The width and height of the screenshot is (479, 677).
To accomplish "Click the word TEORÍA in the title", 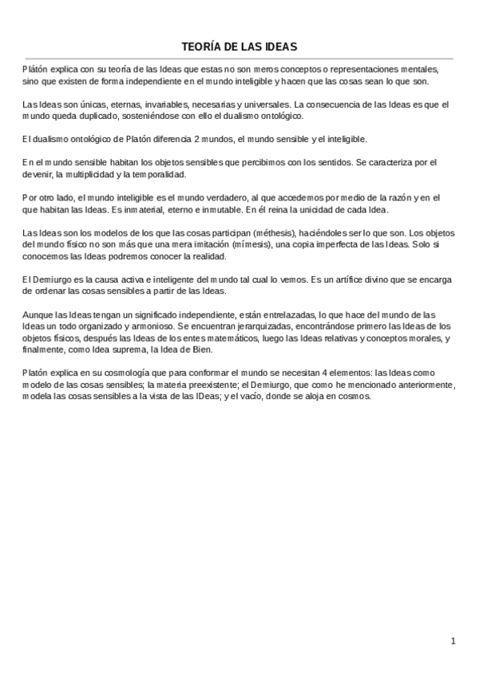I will (x=200, y=47).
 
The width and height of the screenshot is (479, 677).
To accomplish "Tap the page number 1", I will (x=453, y=640).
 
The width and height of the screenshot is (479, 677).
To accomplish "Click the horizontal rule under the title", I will (x=239, y=58).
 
